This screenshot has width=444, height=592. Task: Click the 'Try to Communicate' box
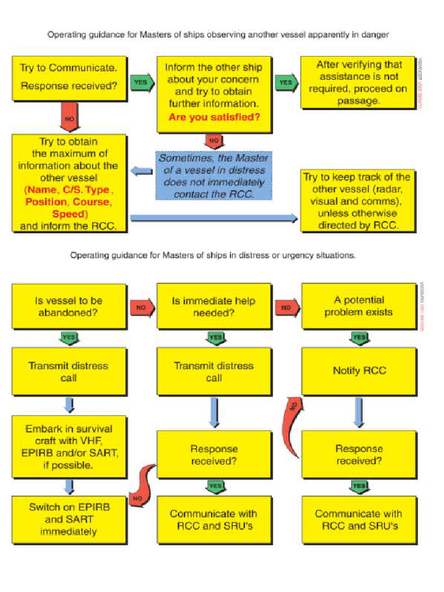(69, 77)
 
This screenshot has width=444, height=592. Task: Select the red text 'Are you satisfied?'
(214, 117)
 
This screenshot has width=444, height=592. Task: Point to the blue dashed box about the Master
(213, 176)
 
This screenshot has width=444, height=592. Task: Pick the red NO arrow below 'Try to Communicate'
(69, 119)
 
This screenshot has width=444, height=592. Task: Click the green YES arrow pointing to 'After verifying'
(287, 83)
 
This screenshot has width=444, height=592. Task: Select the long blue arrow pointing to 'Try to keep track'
(214, 218)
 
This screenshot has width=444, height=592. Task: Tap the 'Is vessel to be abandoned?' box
(69, 306)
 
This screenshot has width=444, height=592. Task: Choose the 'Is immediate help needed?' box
(214, 307)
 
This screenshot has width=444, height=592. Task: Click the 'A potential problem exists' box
(358, 306)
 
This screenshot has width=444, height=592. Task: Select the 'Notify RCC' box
(358, 371)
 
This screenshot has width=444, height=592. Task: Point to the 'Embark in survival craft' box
(69, 447)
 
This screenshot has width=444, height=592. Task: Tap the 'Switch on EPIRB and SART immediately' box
(69, 519)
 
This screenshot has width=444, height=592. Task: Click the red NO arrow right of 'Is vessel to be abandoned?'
(142, 308)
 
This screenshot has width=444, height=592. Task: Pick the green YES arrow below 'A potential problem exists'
(359, 337)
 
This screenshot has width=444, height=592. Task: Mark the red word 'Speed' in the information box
(69, 214)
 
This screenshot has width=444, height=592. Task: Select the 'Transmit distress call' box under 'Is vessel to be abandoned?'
(69, 372)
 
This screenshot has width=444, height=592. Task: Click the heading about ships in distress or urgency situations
(213, 255)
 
